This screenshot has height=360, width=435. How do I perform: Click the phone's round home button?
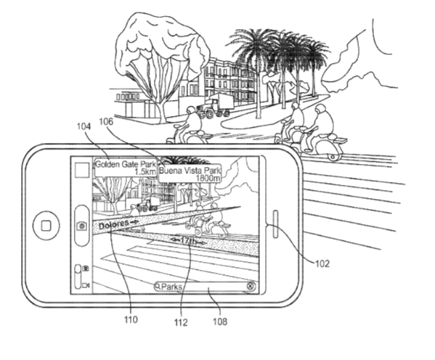click(x=46, y=226)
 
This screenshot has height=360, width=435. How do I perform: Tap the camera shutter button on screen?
click(x=82, y=226)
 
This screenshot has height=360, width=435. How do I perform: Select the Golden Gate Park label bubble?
click(x=126, y=167)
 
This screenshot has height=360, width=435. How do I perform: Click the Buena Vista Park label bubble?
click(x=190, y=174)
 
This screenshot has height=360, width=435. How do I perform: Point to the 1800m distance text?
click(x=208, y=178)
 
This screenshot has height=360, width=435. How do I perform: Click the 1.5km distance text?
click(x=145, y=172)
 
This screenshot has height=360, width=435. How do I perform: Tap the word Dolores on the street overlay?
click(x=114, y=224)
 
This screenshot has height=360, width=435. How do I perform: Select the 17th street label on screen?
click(x=189, y=241)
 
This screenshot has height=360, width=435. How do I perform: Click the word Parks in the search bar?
click(x=171, y=286)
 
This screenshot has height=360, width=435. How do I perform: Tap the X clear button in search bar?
click(x=251, y=286)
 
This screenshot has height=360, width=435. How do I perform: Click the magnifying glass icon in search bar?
click(x=158, y=286)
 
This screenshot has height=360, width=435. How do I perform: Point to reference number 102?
click(x=322, y=263)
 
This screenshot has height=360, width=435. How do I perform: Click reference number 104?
click(x=84, y=126)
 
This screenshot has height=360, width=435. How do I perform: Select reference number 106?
click(x=106, y=121)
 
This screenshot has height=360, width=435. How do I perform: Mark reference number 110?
click(x=131, y=319)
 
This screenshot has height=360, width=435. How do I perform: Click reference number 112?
click(x=181, y=322)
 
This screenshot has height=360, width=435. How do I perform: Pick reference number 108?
click(x=220, y=322)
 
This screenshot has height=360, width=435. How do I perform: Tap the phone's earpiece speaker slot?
click(x=276, y=224)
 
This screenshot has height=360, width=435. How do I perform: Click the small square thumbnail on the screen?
click(x=82, y=170)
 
